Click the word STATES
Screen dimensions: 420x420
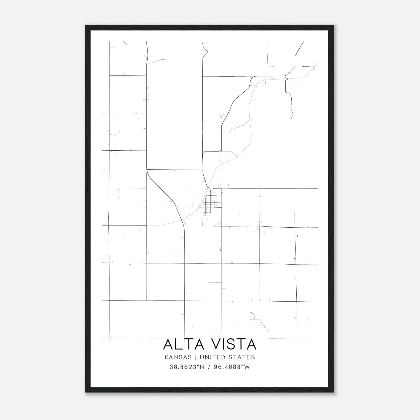242,357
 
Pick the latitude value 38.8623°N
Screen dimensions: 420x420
187,367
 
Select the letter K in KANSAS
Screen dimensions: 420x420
167,357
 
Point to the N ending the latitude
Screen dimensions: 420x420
202,367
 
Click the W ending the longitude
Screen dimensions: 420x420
247,367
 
